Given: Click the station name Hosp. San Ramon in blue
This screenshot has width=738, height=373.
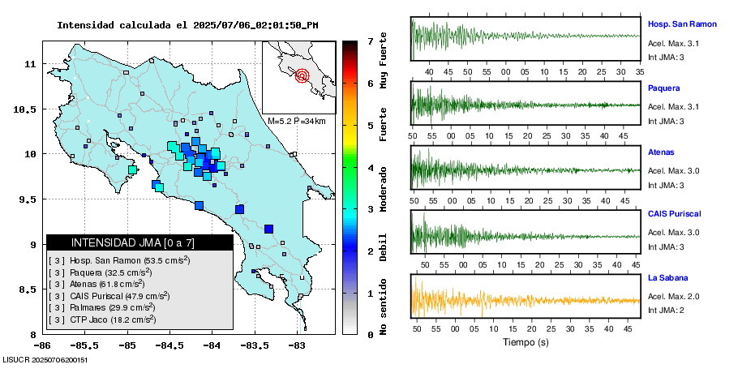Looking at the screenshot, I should coord(682,24).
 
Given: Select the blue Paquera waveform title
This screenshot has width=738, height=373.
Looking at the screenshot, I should coord(663,88).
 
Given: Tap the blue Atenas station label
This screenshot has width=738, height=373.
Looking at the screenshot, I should coord(662,152).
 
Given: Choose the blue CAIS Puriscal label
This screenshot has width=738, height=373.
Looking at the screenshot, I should coord(675,214).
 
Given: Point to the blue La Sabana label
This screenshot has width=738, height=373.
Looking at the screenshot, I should coord(667,277).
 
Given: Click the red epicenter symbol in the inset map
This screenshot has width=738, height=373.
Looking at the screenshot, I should coord(302,76).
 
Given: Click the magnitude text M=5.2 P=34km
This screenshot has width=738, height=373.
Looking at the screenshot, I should coord(296,121).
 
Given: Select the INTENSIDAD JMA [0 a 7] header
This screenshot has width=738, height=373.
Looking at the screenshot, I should coord(139,242).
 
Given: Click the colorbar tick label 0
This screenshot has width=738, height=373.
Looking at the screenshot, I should coord(370,334).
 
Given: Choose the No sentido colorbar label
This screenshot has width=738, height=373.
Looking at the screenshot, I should coord(384,307).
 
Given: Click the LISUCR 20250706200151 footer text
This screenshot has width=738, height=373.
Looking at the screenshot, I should coord(45,359).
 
